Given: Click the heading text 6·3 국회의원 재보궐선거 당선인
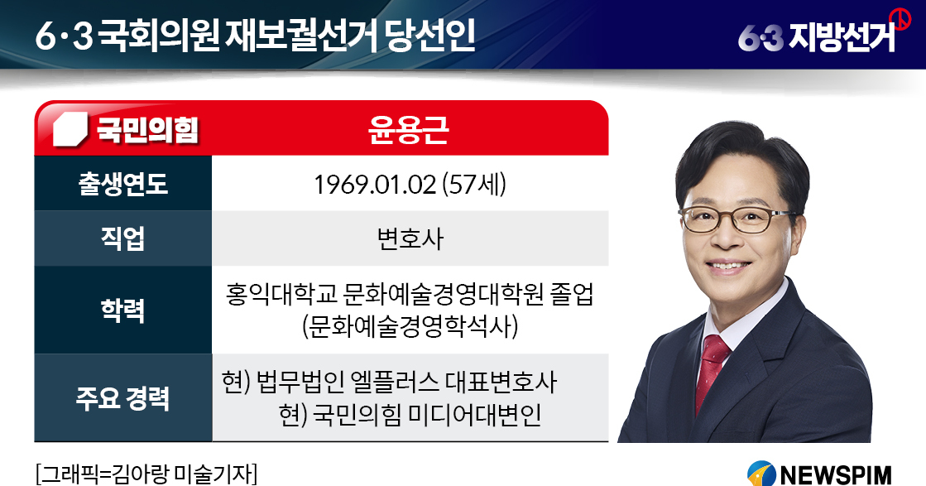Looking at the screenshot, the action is pyautogui.click(x=255, y=36).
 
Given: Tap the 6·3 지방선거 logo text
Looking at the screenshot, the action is pyautogui.click(x=817, y=36).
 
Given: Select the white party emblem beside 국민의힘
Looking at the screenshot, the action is pyautogui.click(x=70, y=128).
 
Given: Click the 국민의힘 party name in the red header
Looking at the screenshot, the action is pyautogui.click(x=147, y=128).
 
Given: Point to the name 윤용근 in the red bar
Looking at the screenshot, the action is pyautogui.click(x=409, y=129).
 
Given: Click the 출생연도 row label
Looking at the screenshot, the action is pyautogui.click(x=122, y=184).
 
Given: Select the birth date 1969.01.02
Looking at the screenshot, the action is pyautogui.click(x=374, y=185).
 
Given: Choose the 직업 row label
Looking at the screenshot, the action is pyautogui.click(x=122, y=238).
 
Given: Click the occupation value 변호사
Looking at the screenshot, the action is pyautogui.click(x=410, y=239).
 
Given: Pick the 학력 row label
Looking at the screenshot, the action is pyautogui.click(x=122, y=310).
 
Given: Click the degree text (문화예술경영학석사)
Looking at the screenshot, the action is pyautogui.click(x=410, y=326).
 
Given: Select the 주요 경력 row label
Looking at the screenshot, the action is pyautogui.click(x=122, y=397).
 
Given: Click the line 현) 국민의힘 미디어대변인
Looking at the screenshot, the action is pyautogui.click(x=410, y=415).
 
